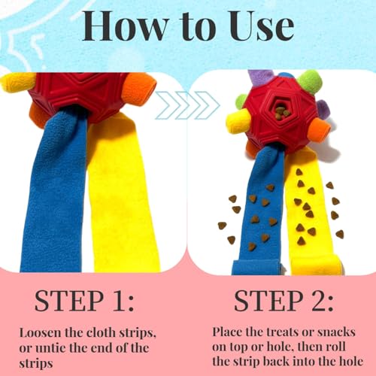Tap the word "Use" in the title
(x=260, y=26)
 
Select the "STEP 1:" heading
(x=84, y=301)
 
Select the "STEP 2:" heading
(x=284, y=301)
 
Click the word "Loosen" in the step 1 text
(x=41, y=333)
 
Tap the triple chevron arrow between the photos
(x=187, y=105)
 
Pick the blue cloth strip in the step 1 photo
(x=55, y=190)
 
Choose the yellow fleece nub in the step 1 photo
(x=13, y=82)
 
